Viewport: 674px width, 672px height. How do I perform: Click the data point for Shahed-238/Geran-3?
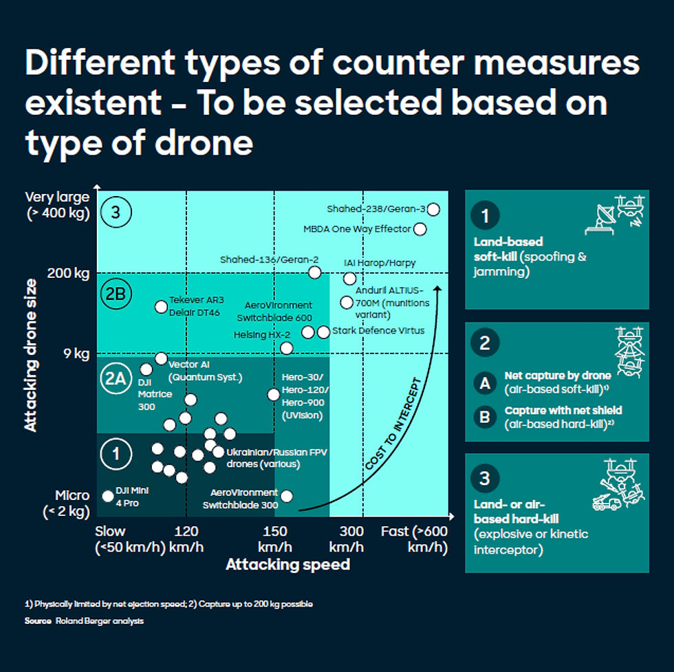pos(433,209)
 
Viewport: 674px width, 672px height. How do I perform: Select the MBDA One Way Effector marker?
pos(420,229)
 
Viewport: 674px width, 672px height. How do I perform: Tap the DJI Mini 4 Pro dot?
pos(108,496)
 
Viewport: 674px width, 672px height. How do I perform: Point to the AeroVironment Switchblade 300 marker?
pos(287,496)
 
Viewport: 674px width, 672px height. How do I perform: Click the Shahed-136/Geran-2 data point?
pos(314,272)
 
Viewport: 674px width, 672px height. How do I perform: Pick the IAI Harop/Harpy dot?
pos(349,279)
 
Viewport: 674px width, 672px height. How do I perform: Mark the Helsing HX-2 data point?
pos(287,348)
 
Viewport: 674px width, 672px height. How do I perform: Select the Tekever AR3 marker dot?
pos(161,307)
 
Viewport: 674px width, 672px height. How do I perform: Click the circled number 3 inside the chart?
pos(116,213)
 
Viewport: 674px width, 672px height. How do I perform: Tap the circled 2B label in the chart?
pos(116,294)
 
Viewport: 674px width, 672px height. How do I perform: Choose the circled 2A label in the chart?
pos(116,377)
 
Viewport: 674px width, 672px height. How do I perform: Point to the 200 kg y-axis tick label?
pos(68,274)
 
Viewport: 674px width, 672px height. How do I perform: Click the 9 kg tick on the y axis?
pos(77,354)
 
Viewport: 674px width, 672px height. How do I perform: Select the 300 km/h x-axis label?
pos(351,539)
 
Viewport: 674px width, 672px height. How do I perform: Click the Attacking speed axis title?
pos(287,565)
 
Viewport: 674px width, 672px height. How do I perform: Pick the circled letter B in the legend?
pos(485,418)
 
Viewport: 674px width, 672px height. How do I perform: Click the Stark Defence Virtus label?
pos(378,331)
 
